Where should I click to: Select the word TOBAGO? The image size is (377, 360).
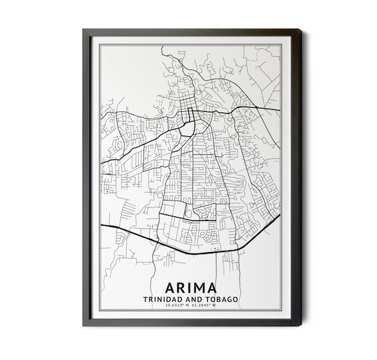pyautogui.click(x=223, y=300)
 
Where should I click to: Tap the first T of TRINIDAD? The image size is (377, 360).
pyautogui.click(x=145, y=300)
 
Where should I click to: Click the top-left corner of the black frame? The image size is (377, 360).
pyautogui.click(x=84, y=30)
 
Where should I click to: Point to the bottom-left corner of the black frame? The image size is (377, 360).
pyautogui.click(x=84, y=325)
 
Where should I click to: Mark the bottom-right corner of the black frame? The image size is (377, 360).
pyautogui.click(x=301, y=325)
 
